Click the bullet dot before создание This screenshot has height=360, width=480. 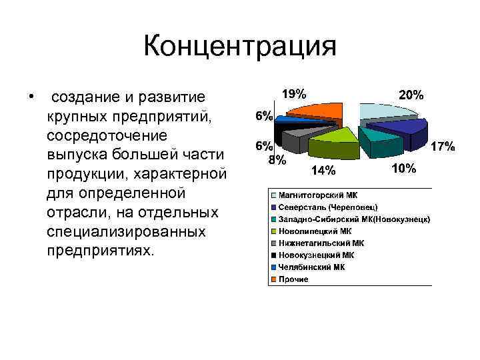point(31,98)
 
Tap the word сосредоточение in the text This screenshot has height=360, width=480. point(106,135)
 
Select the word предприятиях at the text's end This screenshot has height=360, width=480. point(99,251)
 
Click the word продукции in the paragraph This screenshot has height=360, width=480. point(84,174)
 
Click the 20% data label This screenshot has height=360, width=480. point(411,95)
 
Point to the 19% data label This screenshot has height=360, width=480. point(294,93)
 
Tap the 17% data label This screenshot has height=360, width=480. point(443,146)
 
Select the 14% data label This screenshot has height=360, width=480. point(324,171)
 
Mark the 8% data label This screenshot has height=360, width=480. point(277,160)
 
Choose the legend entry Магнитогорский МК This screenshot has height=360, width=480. point(317,195)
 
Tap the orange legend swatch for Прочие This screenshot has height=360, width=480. point(273,279)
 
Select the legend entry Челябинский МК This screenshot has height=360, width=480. point(311,267)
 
